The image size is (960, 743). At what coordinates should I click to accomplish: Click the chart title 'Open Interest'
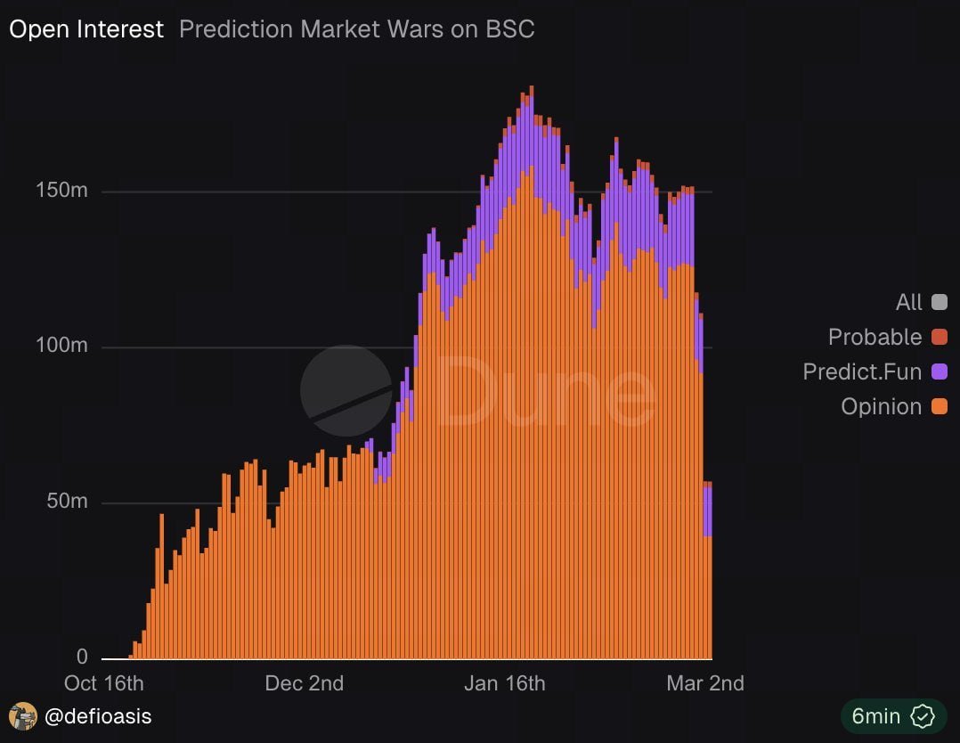(x=86, y=29)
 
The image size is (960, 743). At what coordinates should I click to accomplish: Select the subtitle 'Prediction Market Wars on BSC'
(x=356, y=29)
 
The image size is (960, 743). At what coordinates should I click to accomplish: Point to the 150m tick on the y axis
(x=63, y=191)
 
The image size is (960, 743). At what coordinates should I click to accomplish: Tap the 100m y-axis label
(x=63, y=347)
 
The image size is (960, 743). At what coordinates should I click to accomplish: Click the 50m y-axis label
(x=67, y=502)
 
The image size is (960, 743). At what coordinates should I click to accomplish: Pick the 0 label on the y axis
(x=82, y=657)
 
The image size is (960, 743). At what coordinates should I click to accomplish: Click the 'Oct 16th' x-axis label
(x=104, y=683)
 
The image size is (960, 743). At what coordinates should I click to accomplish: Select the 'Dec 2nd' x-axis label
(x=304, y=683)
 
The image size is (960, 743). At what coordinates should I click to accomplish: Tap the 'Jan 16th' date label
(x=505, y=683)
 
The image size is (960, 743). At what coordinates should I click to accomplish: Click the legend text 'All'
(x=908, y=302)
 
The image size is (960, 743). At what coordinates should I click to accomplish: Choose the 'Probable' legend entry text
(x=875, y=337)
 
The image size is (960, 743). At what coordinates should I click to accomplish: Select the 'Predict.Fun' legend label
(x=862, y=371)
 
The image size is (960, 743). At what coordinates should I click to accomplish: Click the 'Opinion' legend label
(x=881, y=406)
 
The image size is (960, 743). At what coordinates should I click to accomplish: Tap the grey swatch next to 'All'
(x=939, y=302)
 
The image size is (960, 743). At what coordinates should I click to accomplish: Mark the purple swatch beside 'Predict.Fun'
(x=939, y=371)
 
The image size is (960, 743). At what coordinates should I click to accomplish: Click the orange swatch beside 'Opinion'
(x=939, y=406)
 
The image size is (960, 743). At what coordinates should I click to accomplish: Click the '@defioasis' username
(x=99, y=715)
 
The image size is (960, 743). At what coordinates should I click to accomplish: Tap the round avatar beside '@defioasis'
(x=23, y=715)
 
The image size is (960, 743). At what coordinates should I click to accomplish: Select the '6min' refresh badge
(x=892, y=715)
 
